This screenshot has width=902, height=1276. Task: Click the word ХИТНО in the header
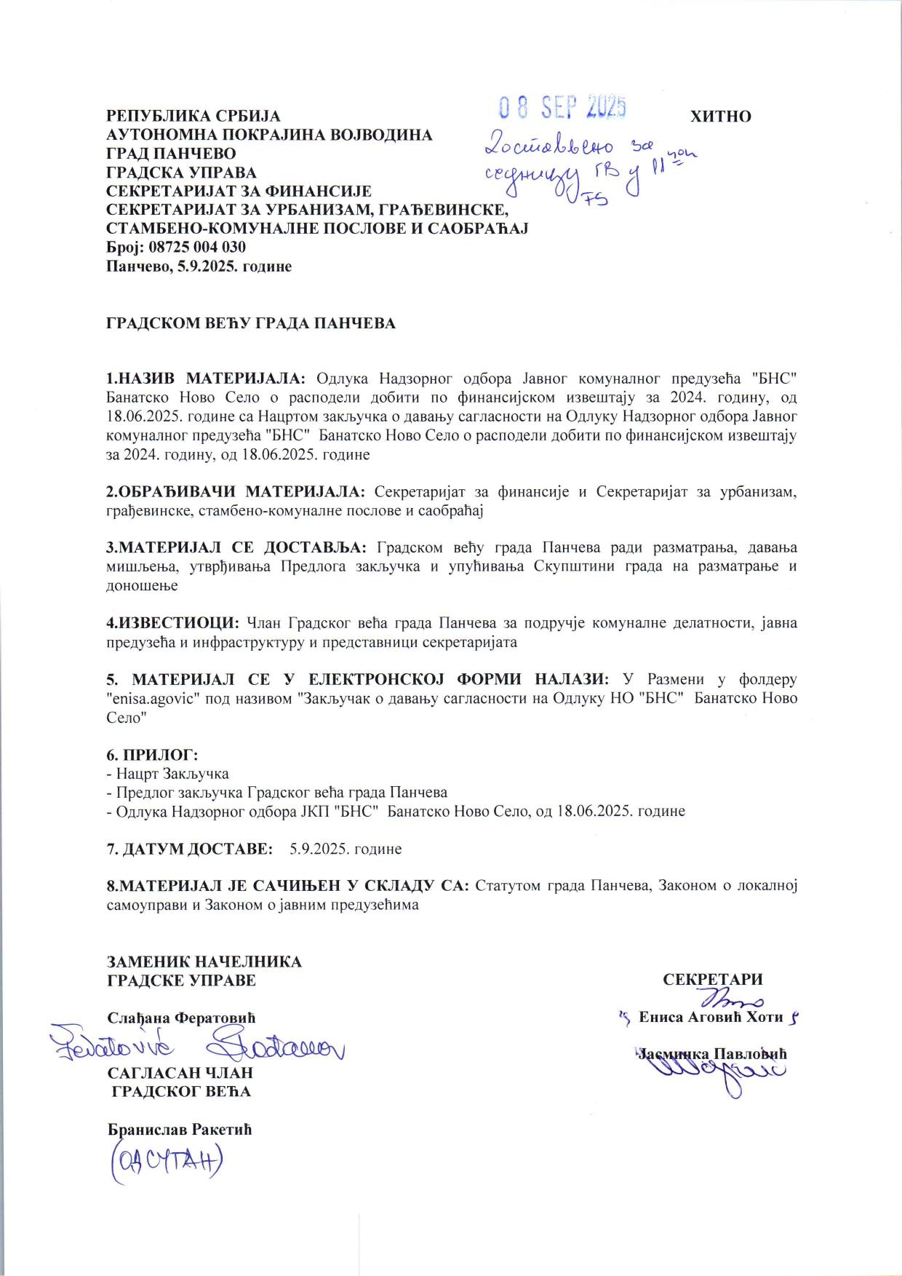[720, 116]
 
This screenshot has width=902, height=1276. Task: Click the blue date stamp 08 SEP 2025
[562, 108]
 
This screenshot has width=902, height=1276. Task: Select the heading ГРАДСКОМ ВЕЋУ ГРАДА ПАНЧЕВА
[251, 323]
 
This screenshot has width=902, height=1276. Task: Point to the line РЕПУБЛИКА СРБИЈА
[193, 116]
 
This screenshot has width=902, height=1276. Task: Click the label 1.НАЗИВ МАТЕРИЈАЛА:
[207, 379]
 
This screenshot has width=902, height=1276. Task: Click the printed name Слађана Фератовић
[181, 1018]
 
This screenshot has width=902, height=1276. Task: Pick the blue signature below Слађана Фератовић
[196, 1045]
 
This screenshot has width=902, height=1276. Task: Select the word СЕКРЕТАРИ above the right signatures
[712, 980]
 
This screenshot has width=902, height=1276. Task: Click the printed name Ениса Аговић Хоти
[711, 1017]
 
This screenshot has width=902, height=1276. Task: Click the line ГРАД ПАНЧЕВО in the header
[171, 154]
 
